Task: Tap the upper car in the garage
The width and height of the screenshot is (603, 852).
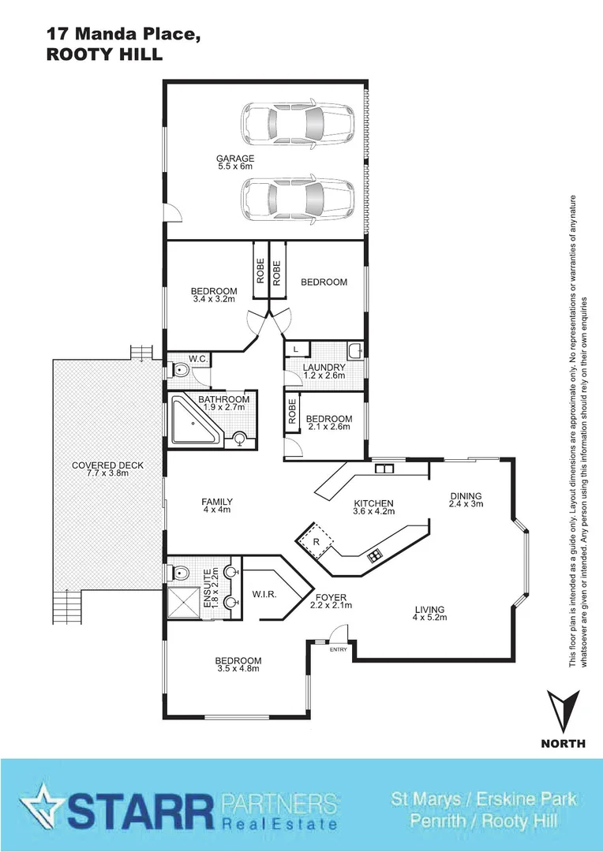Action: pyautogui.click(x=296, y=123)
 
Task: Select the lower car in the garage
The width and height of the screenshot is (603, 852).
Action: pyautogui.click(x=296, y=197)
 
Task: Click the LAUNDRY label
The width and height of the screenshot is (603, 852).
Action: pyautogui.click(x=324, y=368)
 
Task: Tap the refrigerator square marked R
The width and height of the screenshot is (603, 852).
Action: pyautogui.click(x=316, y=541)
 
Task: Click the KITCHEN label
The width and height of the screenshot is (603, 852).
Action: pyautogui.click(x=373, y=503)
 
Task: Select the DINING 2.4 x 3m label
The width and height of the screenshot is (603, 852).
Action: pyautogui.click(x=465, y=499)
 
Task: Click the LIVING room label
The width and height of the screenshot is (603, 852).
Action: pyautogui.click(x=429, y=609)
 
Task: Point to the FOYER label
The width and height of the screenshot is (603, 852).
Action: pyautogui.click(x=331, y=597)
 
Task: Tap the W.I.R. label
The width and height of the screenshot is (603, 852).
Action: pyautogui.click(x=264, y=593)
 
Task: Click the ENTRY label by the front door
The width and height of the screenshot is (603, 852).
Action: pyautogui.click(x=338, y=649)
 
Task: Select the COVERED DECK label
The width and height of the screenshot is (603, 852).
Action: pyautogui.click(x=107, y=465)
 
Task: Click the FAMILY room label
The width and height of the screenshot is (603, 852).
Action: pyautogui.click(x=217, y=502)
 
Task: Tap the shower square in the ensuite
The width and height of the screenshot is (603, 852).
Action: pyautogui.click(x=183, y=601)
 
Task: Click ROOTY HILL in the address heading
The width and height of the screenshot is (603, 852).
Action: pyautogui.click(x=104, y=54)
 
